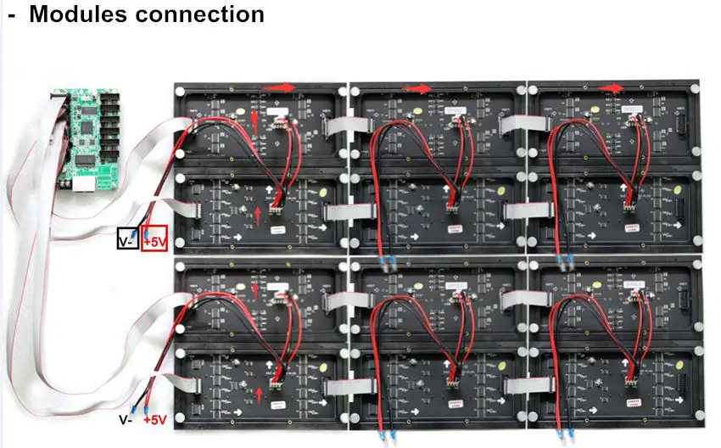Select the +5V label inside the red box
pos(154,241)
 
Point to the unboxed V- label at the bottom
pos(124,420)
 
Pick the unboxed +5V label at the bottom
pos(154,420)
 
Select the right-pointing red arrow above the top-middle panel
pos(417,88)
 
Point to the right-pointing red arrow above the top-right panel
pos(613,87)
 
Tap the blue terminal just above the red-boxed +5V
pos(147,229)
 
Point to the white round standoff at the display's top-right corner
pos(693,89)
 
